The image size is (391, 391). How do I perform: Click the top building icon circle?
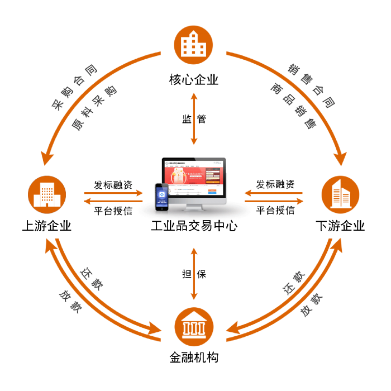[194, 44]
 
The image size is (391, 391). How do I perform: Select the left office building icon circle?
[47, 194]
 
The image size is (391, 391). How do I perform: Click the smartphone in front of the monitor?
[161, 197]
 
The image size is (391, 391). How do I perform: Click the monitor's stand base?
[193, 208]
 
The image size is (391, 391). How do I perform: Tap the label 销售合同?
[311, 85]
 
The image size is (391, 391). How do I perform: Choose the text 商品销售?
[293, 106]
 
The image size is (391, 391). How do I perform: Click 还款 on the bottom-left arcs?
[90, 279]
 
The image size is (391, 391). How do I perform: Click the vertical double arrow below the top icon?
[194, 118]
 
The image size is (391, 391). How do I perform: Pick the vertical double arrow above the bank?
[194, 273]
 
